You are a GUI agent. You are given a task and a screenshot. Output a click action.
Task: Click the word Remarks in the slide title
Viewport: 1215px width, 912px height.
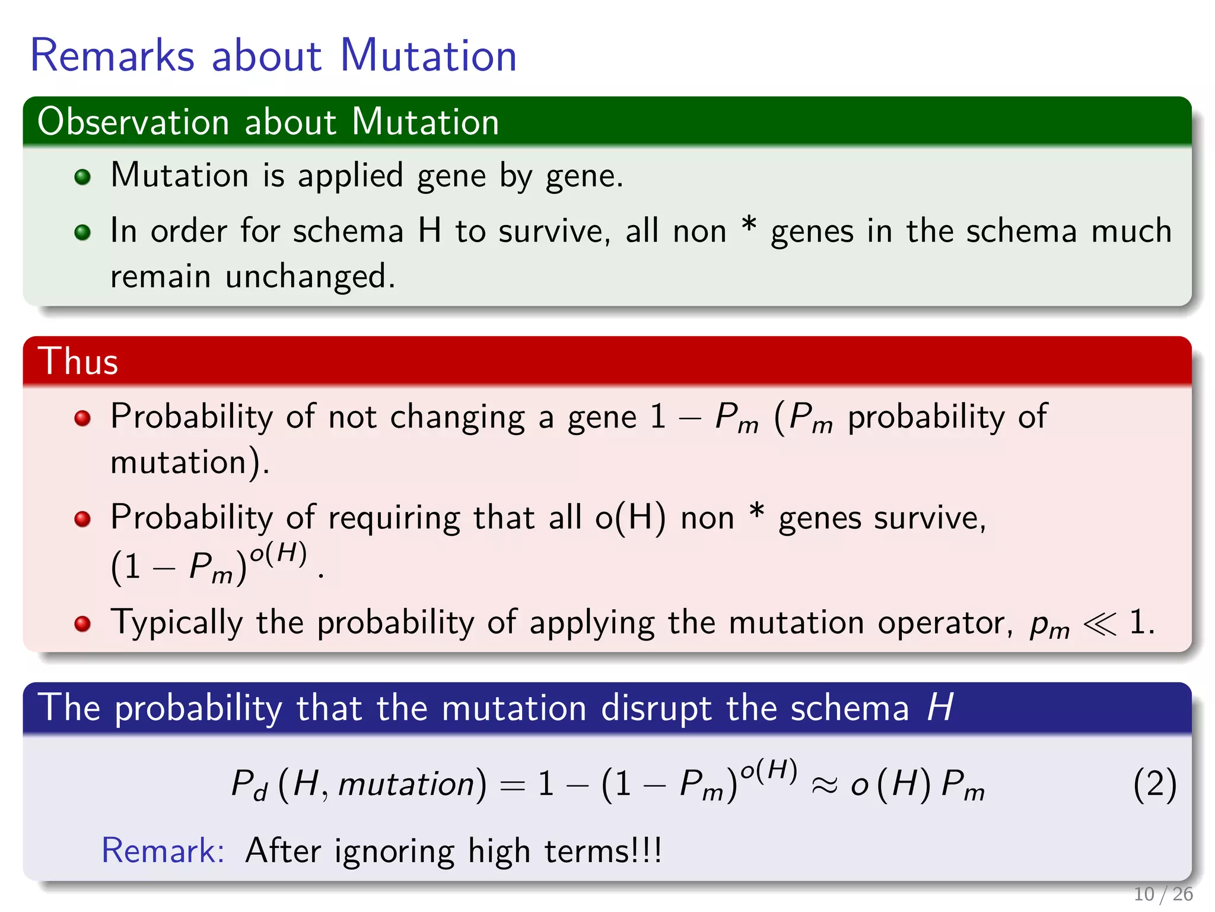coord(112,56)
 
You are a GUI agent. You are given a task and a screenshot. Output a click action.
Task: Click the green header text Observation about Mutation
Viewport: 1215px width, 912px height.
coord(268,122)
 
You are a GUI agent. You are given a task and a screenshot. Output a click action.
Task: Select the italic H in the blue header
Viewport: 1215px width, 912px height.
coord(940,708)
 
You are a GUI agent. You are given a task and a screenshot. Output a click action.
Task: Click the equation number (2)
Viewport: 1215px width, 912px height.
coord(1154,785)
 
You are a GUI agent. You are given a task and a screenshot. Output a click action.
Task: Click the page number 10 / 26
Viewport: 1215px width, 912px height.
coord(1163,894)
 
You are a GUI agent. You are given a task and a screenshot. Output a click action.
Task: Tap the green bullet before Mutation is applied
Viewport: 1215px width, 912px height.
coord(82,177)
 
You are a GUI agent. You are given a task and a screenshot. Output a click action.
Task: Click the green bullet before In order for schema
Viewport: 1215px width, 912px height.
coord(82,232)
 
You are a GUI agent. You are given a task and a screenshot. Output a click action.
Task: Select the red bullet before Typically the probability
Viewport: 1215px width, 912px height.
coord(82,624)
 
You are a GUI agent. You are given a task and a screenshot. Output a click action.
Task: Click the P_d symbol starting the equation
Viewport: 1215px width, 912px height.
coord(249,785)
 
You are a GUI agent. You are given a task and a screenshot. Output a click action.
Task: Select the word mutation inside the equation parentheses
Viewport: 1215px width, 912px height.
coord(406,785)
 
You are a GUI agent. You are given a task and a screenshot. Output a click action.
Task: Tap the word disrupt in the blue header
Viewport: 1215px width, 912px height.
coord(656,709)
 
